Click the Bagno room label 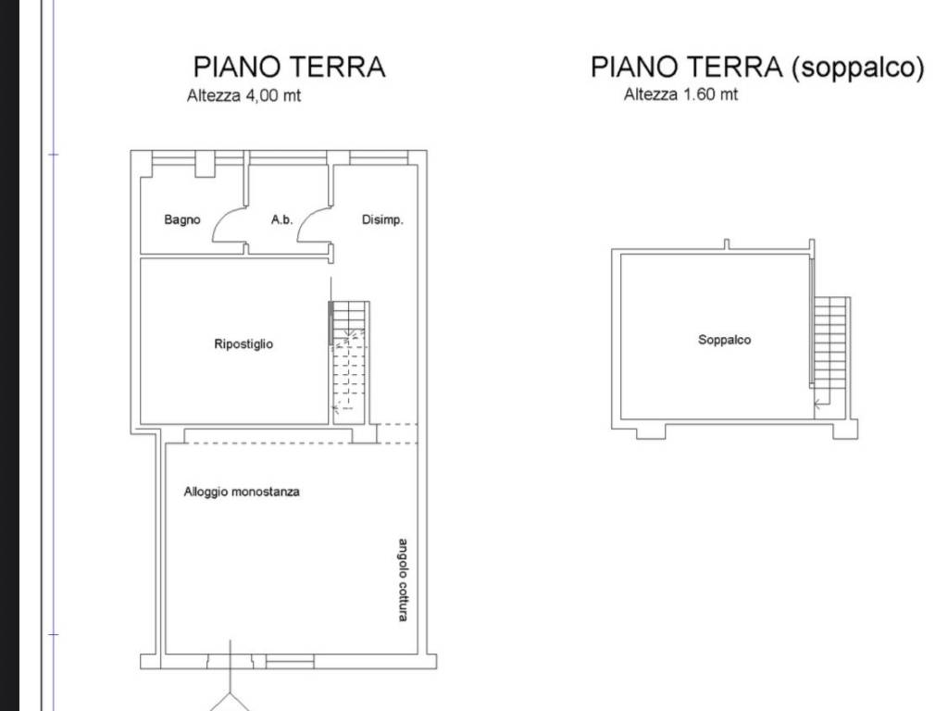[x=182, y=219]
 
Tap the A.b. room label [x=281, y=219]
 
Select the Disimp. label [x=382, y=219]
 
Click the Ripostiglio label [x=243, y=344]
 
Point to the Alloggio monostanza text [x=242, y=492]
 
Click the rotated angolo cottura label [x=403, y=580]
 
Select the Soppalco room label [x=724, y=340]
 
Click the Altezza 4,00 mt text [x=243, y=95]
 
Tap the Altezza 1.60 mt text [x=680, y=94]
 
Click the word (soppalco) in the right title [x=858, y=67]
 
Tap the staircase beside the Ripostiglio [x=349, y=363]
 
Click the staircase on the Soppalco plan [x=830, y=351]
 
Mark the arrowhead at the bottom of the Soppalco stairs [x=817, y=404]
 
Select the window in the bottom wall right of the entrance [x=290, y=663]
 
